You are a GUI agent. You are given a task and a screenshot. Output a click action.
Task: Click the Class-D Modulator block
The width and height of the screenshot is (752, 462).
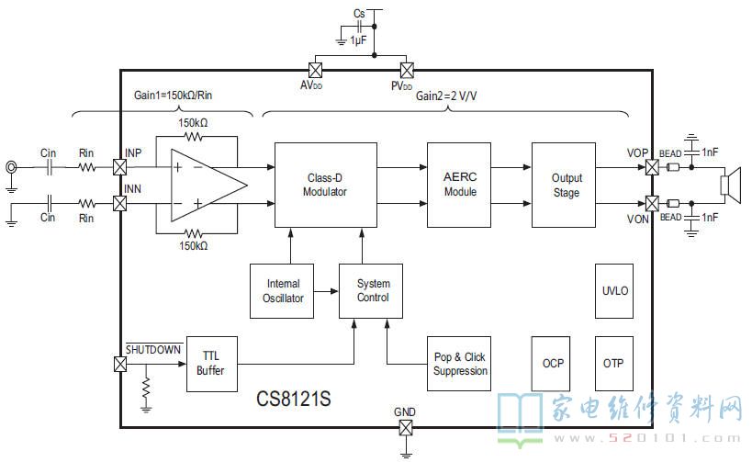326,185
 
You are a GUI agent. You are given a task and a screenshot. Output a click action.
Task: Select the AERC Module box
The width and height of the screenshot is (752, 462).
459,185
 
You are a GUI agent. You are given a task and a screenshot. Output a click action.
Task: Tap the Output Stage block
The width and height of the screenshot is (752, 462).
564,185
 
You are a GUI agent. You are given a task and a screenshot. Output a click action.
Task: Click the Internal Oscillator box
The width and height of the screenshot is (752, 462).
282,291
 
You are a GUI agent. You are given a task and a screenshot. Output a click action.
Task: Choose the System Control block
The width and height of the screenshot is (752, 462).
371,291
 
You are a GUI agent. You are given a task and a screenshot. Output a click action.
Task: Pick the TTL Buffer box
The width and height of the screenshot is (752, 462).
212,364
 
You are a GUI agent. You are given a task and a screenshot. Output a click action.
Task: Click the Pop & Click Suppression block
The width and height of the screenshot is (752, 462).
459,364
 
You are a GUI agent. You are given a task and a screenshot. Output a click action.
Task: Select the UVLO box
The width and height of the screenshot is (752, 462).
614,291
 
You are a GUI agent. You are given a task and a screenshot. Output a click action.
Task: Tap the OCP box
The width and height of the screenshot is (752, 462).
551,364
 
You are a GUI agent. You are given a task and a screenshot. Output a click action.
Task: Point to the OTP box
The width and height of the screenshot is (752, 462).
614,364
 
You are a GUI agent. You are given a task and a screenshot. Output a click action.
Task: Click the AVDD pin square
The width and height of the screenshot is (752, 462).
315,71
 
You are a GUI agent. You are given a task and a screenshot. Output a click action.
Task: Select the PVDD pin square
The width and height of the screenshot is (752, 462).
407,71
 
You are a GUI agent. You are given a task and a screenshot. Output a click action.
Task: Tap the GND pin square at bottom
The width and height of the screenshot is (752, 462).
406,427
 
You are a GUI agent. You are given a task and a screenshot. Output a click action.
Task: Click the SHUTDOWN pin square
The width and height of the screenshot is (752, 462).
120,364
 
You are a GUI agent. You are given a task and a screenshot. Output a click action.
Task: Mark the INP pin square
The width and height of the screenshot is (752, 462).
120,167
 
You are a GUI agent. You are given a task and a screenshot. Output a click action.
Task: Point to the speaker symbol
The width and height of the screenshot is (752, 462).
730,185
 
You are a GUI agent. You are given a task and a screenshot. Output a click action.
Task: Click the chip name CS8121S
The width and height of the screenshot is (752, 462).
294,399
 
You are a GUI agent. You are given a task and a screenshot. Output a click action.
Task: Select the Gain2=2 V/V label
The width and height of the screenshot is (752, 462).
446,96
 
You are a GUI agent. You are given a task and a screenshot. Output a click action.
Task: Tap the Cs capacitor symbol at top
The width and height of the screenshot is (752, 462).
359,27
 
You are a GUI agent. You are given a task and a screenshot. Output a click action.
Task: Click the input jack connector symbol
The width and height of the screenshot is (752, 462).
11,167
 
